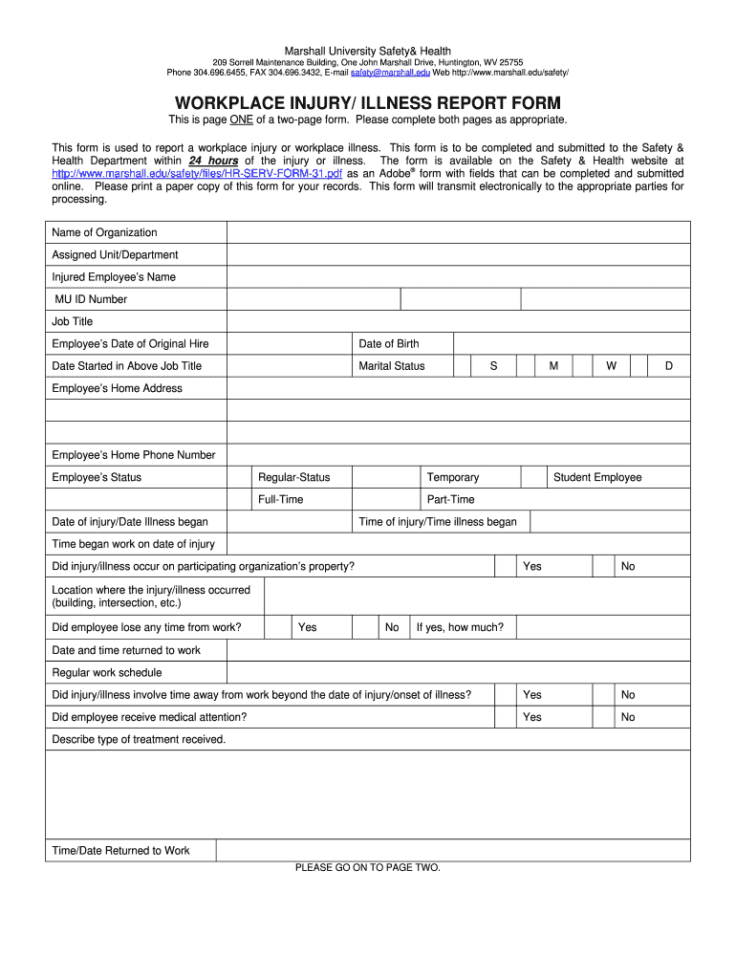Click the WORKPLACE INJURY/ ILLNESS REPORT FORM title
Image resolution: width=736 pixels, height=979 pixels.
coord(367,103)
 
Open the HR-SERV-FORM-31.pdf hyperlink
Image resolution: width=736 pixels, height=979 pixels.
coord(197,174)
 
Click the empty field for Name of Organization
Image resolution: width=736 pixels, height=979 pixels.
coord(458,232)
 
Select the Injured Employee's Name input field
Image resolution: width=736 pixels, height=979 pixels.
coord(458,277)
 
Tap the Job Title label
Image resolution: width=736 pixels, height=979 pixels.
coord(73,322)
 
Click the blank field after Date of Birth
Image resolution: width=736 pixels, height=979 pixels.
coord(571,344)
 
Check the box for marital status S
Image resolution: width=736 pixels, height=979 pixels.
coord(462,366)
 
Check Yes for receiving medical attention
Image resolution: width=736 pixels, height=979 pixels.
coord(507,717)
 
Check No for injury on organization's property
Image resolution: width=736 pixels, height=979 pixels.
coord(603,567)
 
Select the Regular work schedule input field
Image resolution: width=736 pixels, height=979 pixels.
coord(458,673)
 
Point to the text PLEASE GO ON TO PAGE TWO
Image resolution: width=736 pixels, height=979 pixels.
coord(368,868)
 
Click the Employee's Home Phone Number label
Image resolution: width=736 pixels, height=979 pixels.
coord(134,455)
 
